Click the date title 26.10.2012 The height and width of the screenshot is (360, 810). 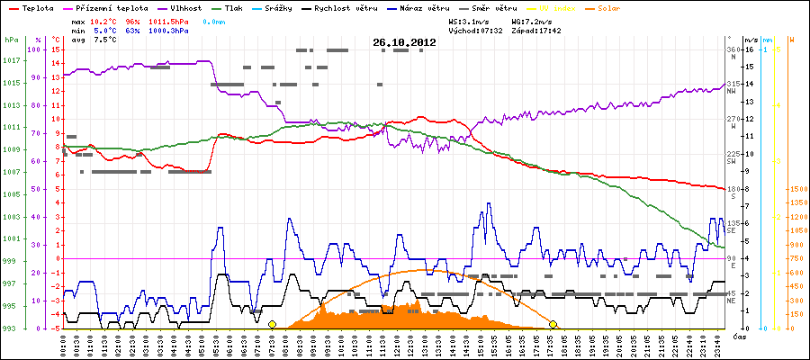405,42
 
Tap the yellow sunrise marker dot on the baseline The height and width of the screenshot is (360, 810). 272,324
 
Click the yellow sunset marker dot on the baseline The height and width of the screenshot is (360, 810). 553,324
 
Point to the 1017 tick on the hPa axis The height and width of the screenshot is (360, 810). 11,61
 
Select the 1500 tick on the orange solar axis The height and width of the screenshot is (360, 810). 796,190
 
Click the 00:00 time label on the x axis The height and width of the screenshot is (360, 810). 64,344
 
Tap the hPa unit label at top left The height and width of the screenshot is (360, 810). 10,40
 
